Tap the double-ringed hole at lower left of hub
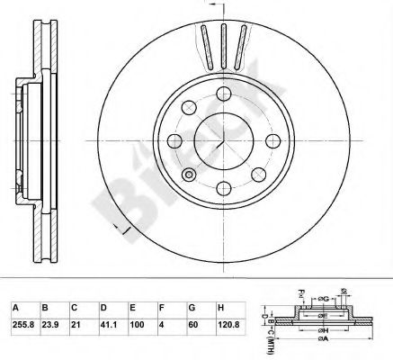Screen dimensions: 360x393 [188, 174]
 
